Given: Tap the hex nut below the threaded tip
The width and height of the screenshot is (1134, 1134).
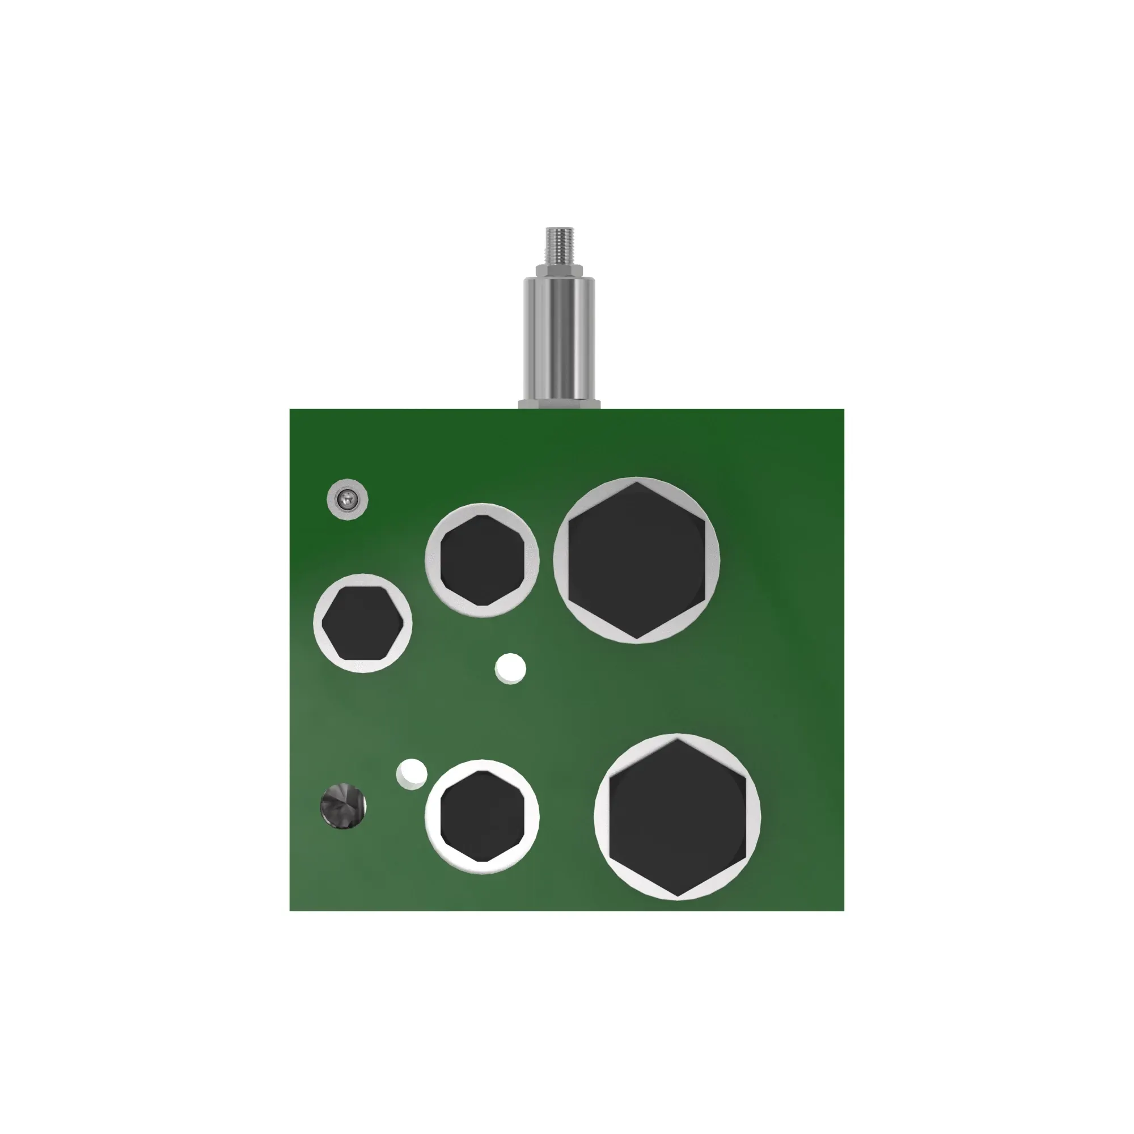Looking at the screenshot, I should click(x=559, y=270).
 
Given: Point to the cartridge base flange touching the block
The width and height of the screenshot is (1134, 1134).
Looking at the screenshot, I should click(x=559, y=404).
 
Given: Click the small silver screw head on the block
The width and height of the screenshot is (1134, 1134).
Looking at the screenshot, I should click(x=346, y=500).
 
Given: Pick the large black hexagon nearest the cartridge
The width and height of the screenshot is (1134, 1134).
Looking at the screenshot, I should click(x=636, y=560).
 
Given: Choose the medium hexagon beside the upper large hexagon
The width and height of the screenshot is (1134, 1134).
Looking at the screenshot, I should click(x=482, y=560).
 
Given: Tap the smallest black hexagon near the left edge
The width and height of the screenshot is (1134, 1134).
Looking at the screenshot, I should click(x=362, y=623).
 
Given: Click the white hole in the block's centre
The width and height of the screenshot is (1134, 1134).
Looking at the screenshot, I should click(x=510, y=668).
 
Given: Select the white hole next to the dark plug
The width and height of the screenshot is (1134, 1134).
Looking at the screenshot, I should click(x=412, y=773).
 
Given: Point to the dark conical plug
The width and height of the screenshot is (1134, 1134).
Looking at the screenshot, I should click(x=343, y=806).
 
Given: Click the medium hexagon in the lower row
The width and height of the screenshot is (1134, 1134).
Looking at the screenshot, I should click(x=482, y=816).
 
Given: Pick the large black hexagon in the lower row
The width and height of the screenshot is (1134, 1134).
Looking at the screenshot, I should click(x=678, y=816).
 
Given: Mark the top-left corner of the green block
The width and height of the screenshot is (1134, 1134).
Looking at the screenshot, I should click(x=290, y=410).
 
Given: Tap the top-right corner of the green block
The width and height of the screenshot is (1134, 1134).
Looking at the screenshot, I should click(x=844, y=410).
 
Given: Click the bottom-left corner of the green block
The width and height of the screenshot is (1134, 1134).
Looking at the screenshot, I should click(x=290, y=911).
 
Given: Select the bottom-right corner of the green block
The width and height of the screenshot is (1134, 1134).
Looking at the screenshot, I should click(x=844, y=911).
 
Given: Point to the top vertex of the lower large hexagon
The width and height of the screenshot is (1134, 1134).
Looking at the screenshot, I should click(x=678, y=739).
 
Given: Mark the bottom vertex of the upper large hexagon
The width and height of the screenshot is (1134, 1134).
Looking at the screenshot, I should click(x=637, y=638).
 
